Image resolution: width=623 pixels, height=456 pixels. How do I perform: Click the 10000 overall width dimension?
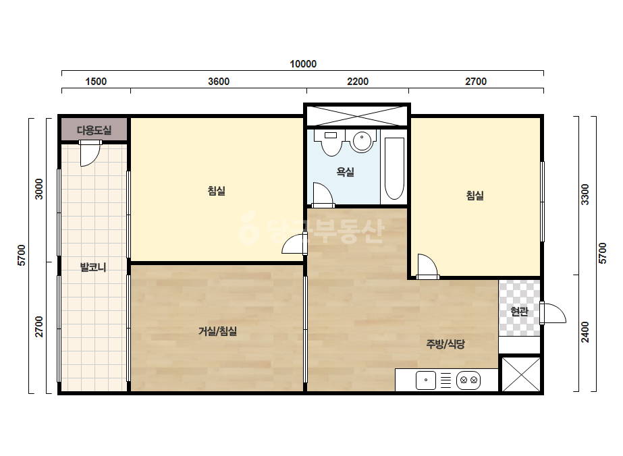303,64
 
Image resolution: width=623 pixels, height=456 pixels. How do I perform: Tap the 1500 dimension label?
96,82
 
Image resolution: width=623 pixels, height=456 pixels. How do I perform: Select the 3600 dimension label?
219,82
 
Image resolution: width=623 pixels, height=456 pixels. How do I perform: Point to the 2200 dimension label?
358,82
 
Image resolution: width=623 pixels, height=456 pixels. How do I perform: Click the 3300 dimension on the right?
585,194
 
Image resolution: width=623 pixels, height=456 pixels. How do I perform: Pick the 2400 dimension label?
585,332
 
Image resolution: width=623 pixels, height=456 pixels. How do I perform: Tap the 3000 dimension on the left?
38,189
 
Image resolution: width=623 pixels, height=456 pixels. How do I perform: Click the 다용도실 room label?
94,130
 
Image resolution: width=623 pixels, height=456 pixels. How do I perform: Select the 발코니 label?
93,267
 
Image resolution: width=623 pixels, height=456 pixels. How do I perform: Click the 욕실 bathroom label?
345,172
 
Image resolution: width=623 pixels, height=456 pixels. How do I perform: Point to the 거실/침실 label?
217,331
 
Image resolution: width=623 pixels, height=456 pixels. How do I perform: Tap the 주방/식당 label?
445,344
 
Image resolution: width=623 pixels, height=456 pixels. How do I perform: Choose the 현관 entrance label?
519,311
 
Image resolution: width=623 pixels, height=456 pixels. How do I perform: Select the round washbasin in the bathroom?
362,140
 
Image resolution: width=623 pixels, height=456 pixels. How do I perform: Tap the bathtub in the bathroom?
395,169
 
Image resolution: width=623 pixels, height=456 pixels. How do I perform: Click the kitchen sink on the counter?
425,380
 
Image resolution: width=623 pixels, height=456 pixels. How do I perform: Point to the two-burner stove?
468,380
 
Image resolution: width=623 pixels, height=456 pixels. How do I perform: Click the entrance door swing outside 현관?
554,314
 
